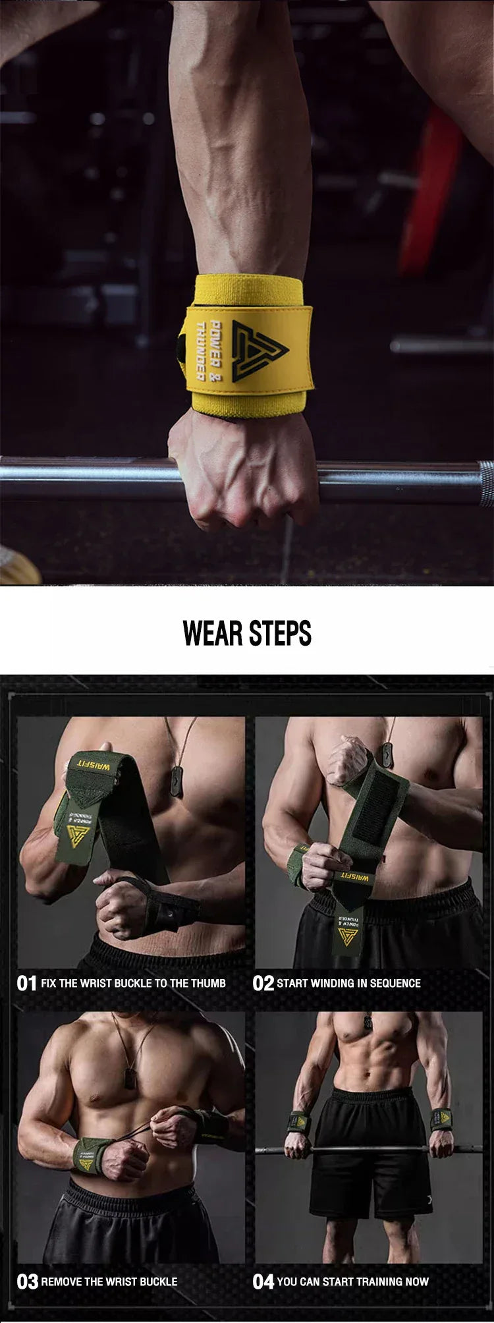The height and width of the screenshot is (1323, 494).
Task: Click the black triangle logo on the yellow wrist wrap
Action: [258, 347]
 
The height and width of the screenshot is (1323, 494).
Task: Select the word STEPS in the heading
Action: [280, 633]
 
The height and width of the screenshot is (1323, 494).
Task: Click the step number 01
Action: [26, 984]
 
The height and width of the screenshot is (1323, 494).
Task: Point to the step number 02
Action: [263, 984]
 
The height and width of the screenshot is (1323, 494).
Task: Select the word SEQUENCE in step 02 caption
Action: [395, 984]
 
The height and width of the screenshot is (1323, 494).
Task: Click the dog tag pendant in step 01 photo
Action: [176, 783]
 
